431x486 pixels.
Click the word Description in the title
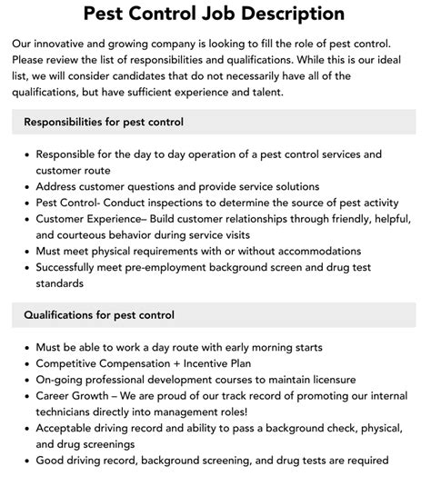pos(293,15)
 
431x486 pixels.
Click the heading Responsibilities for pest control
pos(104,122)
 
